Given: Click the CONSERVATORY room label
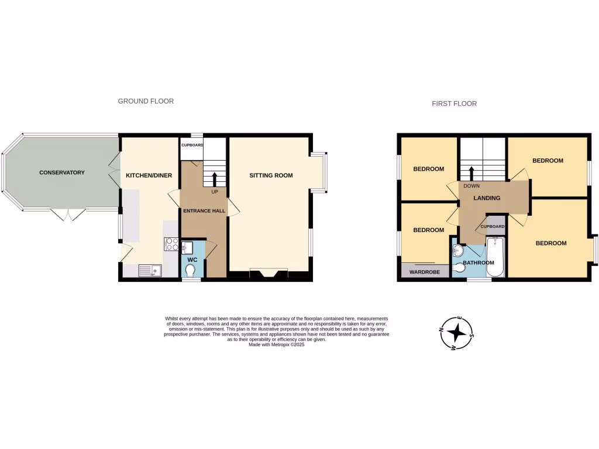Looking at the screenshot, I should (x=62, y=172).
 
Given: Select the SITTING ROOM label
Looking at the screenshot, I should (x=271, y=175).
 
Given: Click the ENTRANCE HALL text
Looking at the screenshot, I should (x=205, y=210).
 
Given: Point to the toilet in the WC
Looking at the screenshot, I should (x=191, y=270).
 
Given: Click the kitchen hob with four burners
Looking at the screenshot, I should (x=171, y=244).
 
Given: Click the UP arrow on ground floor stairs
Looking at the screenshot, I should (x=214, y=178).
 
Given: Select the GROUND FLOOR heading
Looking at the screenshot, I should (x=146, y=101).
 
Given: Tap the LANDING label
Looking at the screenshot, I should (x=487, y=198).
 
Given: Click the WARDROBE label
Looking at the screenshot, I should (x=425, y=272).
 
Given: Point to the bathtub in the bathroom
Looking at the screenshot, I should (x=495, y=257).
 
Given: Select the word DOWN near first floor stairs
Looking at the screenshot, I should (x=471, y=186).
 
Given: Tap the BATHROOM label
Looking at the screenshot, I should (x=479, y=263).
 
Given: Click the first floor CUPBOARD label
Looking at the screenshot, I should (x=493, y=226).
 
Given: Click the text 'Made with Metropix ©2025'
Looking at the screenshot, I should (x=277, y=345).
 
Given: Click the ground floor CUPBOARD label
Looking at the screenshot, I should (x=192, y=145).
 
